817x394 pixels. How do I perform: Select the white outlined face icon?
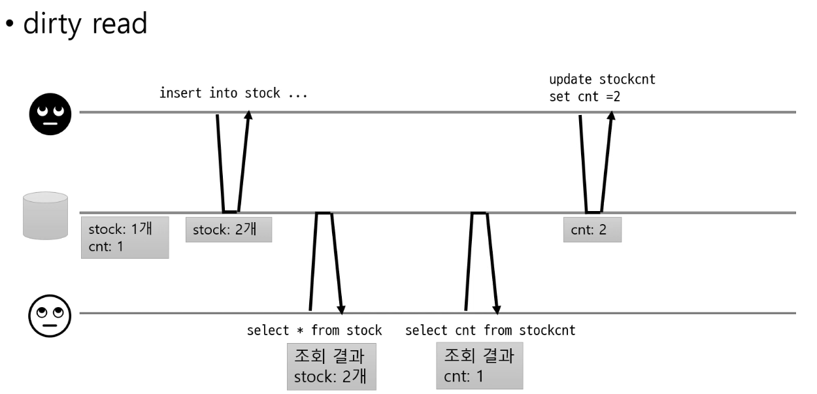click(47, 314)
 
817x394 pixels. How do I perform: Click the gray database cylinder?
click(45, 215)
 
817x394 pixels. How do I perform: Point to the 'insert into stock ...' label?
click(233, 93)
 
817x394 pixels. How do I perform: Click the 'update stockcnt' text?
click(602, 80)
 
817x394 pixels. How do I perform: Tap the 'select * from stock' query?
click(314, 330)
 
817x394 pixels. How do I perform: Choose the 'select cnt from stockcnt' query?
click(490, 330)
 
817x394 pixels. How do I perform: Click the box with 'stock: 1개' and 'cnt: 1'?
click(124, 237)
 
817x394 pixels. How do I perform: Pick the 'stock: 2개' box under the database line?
click(228, 230)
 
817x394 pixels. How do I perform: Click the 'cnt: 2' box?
click(592, 230)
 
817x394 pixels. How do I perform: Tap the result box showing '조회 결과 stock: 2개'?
click(332, 366)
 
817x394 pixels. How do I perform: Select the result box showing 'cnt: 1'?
click(480, 366)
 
